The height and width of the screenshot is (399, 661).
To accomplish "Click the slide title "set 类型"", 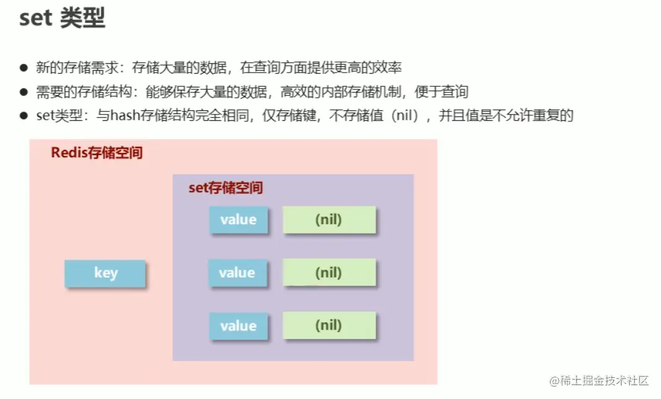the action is coord(62,19).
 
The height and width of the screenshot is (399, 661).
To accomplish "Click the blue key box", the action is coord(105,273).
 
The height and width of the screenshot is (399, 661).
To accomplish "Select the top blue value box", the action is coord(238,220).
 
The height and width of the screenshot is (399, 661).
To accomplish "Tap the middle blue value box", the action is coord(238,273).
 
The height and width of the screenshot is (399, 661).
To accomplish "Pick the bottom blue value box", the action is coord(238,326).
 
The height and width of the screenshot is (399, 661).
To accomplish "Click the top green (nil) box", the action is coord(329,220).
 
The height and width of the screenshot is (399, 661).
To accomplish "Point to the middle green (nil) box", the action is coord(329,273).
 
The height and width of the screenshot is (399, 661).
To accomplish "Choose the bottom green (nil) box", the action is coord(329,326).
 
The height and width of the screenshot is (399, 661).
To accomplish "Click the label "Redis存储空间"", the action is coord(97,152).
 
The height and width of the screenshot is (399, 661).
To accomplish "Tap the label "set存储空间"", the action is coord(226,188).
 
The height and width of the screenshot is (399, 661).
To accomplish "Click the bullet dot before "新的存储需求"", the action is coord(24,68).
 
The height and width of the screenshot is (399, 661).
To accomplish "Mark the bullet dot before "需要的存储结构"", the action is coord(24,92).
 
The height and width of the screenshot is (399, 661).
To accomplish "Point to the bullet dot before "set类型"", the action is coord(24,116).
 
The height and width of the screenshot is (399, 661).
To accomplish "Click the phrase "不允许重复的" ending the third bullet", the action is coord(533,116).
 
